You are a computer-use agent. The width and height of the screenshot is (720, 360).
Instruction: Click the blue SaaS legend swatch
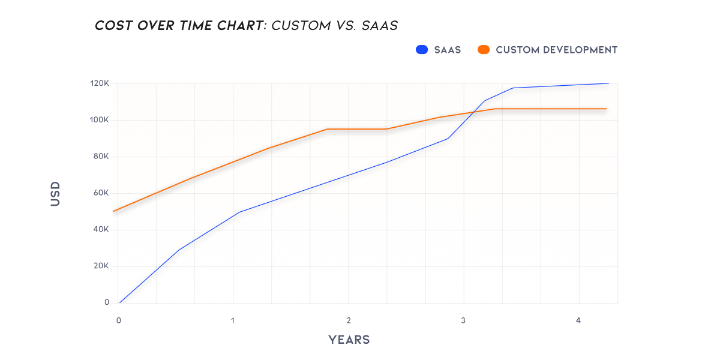coord(421,50)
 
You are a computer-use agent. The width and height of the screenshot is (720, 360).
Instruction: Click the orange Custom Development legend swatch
coord(484,50)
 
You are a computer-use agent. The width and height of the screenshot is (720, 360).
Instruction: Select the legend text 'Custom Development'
coord(556,50)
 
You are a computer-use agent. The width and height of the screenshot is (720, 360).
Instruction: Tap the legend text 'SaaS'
coord(448,50)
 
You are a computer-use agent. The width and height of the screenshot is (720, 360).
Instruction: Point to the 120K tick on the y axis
coord(99,83)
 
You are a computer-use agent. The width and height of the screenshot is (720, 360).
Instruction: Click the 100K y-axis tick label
coord(99,120)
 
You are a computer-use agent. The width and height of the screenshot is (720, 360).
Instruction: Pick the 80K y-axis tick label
coord(100,157)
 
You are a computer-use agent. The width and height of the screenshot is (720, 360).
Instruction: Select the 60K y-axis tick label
coord(100,193)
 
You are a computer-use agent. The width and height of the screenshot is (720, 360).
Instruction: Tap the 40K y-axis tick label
coord(100,230)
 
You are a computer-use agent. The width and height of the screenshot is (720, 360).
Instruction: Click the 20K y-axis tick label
coord(100,266)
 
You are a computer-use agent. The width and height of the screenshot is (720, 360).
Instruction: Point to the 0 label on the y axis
coord(106,302)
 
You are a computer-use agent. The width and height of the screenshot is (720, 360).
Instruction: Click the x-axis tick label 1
coord(233,321)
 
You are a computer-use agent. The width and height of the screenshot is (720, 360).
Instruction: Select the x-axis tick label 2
coord(349,321)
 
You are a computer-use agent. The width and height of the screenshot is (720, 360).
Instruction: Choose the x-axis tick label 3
coord(463,321)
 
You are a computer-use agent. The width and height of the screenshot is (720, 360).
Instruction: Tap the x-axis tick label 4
coord(578,321)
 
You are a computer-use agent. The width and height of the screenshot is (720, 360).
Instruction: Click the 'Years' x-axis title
coord(349,340)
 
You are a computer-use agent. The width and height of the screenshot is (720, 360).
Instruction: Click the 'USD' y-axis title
coord(56,193)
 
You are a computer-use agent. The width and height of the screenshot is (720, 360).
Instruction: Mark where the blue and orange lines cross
coord(475,112)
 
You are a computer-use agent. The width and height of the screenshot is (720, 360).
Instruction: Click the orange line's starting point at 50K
coord(114,211)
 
